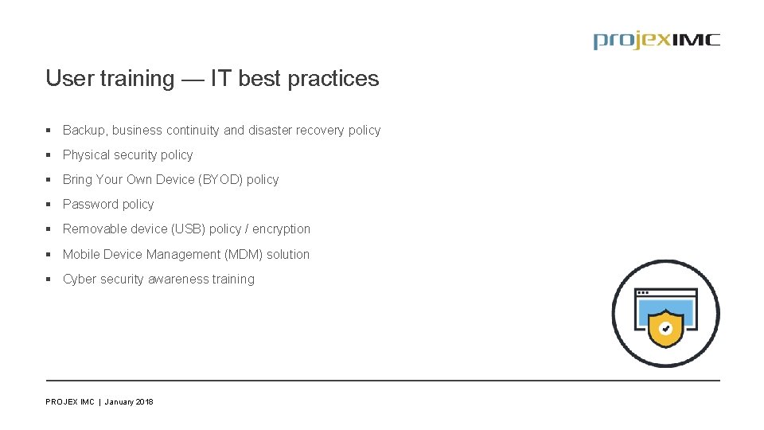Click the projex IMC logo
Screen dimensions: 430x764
pos(656,41)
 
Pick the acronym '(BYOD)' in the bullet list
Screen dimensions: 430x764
pos(220,180)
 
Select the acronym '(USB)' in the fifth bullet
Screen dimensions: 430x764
pos(188,229)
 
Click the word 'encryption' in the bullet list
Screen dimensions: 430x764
pos(282,229)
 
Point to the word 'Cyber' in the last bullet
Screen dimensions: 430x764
pos(80,279)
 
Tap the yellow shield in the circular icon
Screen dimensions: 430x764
pos(665,327)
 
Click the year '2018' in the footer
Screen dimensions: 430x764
pos(144,402)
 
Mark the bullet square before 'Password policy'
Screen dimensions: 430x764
pos(49,205)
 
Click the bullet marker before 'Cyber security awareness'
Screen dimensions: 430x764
pos(49,279)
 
